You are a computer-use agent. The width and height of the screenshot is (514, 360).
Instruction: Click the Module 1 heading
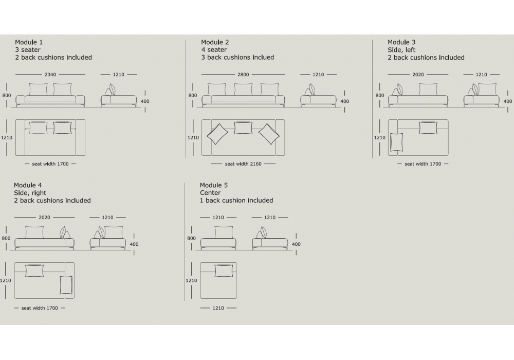tap(29, 42)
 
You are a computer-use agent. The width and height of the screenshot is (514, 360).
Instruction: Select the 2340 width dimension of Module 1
tap(50, 75)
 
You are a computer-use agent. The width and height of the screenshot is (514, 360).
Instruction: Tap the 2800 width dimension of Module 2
tap(243, 75)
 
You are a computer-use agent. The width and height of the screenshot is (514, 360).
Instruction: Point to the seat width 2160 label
tap(243, 164)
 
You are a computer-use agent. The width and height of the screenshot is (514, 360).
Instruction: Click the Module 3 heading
tap(401, 42)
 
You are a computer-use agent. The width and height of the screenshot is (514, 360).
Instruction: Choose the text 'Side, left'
tap(401, 50)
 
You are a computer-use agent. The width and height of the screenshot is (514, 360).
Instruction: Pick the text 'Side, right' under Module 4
tap(30, 193)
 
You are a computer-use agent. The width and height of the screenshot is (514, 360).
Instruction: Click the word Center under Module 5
tap(210, 193)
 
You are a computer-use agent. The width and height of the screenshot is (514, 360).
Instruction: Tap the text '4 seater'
tap(214, 50)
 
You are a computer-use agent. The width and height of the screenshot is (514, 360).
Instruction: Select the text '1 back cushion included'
tap(236, 201)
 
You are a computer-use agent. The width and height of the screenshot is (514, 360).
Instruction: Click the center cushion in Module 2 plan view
tap(243, 128)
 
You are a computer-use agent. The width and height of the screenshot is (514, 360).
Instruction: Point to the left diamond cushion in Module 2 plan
tap(217, 134)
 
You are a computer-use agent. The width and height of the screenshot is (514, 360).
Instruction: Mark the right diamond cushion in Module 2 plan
tap(269, 134)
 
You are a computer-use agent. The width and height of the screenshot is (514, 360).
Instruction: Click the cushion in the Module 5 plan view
tap(224, 271)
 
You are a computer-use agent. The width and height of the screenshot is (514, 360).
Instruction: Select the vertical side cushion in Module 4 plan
tap(66, 285)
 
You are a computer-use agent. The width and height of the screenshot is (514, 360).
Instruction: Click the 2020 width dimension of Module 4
tap(44, 218)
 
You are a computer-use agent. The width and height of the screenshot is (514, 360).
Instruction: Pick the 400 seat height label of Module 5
tap(296, 244)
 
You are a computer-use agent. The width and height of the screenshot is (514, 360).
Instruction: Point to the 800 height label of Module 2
tap(193, 96)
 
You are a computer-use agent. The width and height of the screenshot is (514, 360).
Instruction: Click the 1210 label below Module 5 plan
tap(218, 308)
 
